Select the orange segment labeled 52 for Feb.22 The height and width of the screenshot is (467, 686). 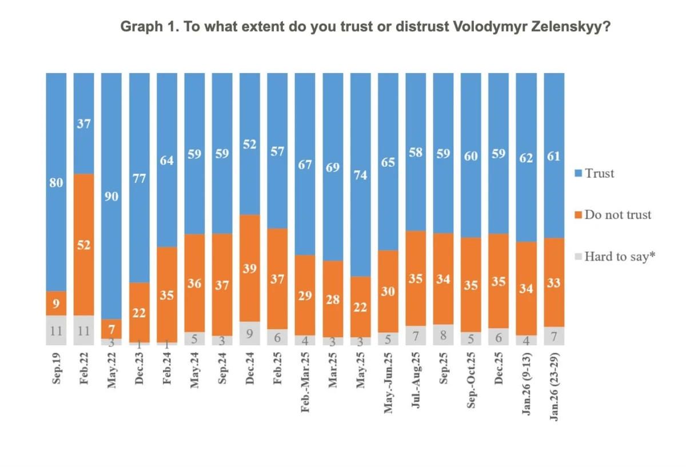click(x=84, y=245)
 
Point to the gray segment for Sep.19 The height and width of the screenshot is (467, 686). click(x=56, y=330)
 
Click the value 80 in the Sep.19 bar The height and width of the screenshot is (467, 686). click(x=56, y=183)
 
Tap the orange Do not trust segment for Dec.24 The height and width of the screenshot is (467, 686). click(x=250, y=268)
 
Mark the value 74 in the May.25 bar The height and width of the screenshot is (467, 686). click(x=361, y=175)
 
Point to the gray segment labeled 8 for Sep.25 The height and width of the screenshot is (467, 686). click(x=444, y=335)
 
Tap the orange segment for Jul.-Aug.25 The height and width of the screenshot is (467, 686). click(x=416, y=278)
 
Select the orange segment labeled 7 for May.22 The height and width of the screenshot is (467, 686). click(x=111, y=329)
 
